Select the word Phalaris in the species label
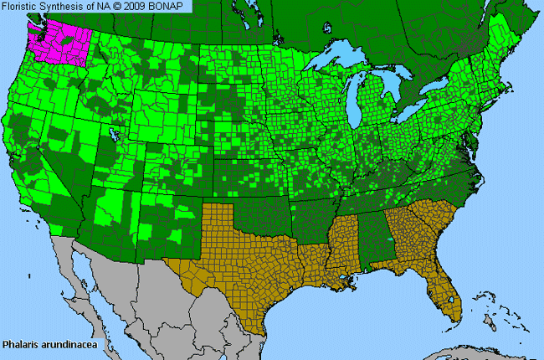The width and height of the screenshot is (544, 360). coord(20,343)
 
